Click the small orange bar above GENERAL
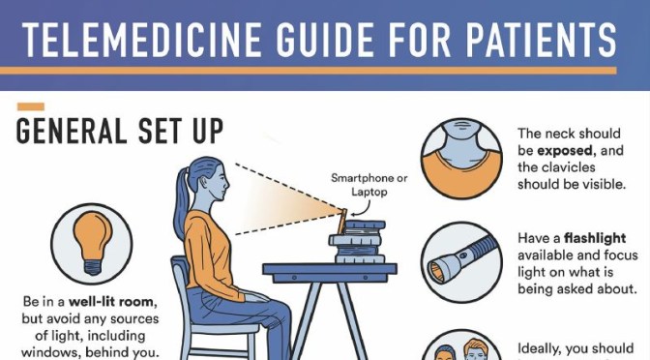coord(31,105)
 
